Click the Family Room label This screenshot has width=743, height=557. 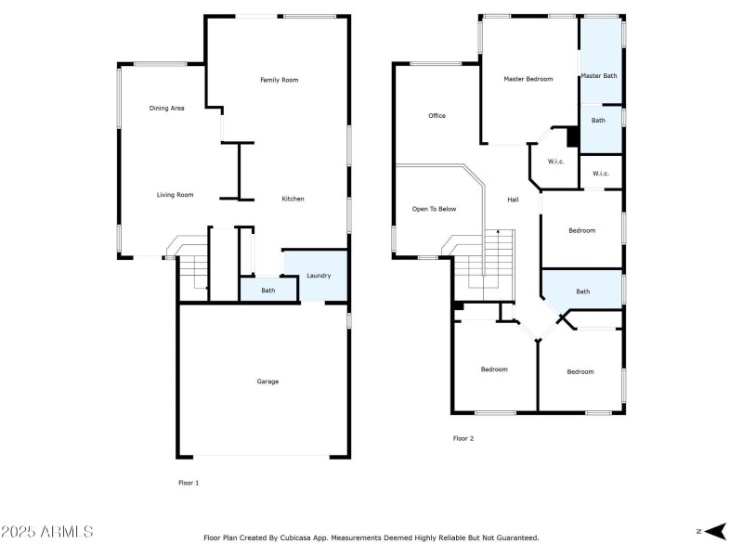pyautogui.click(x=279, y=81)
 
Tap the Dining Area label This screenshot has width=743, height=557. pyautogui.click(x=167, y=109)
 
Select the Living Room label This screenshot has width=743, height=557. pyautogui.click(x=175, y=195)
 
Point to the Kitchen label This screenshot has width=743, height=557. pyautogui.click(x=293, y=199)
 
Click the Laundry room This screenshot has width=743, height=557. pyautogui.click(x=319, y=276)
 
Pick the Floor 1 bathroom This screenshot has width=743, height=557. pyautogui.click(x=267, y=291)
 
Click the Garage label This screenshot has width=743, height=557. pyautogui.click(x=267, y=382)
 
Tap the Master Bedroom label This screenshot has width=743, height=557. pyautogui.click(x=528, y=79)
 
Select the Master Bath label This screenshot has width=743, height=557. pyautogui.click(x=599, y=75)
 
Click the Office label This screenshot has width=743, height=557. pyautogui.click(x=437, y=116)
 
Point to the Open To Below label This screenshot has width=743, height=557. pyautogui.click(x=434, y=209)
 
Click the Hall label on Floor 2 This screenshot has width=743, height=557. pyautogui.click(x=513, y=200)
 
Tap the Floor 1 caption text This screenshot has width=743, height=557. pyautogui.click(x=189, y=483)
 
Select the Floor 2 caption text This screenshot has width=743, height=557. pyautogui.click(x=463, y=438)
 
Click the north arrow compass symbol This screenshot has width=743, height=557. pyautogui.click(x=713, y=531)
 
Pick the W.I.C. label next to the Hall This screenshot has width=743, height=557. pyautogui.click(x=555, y=162)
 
